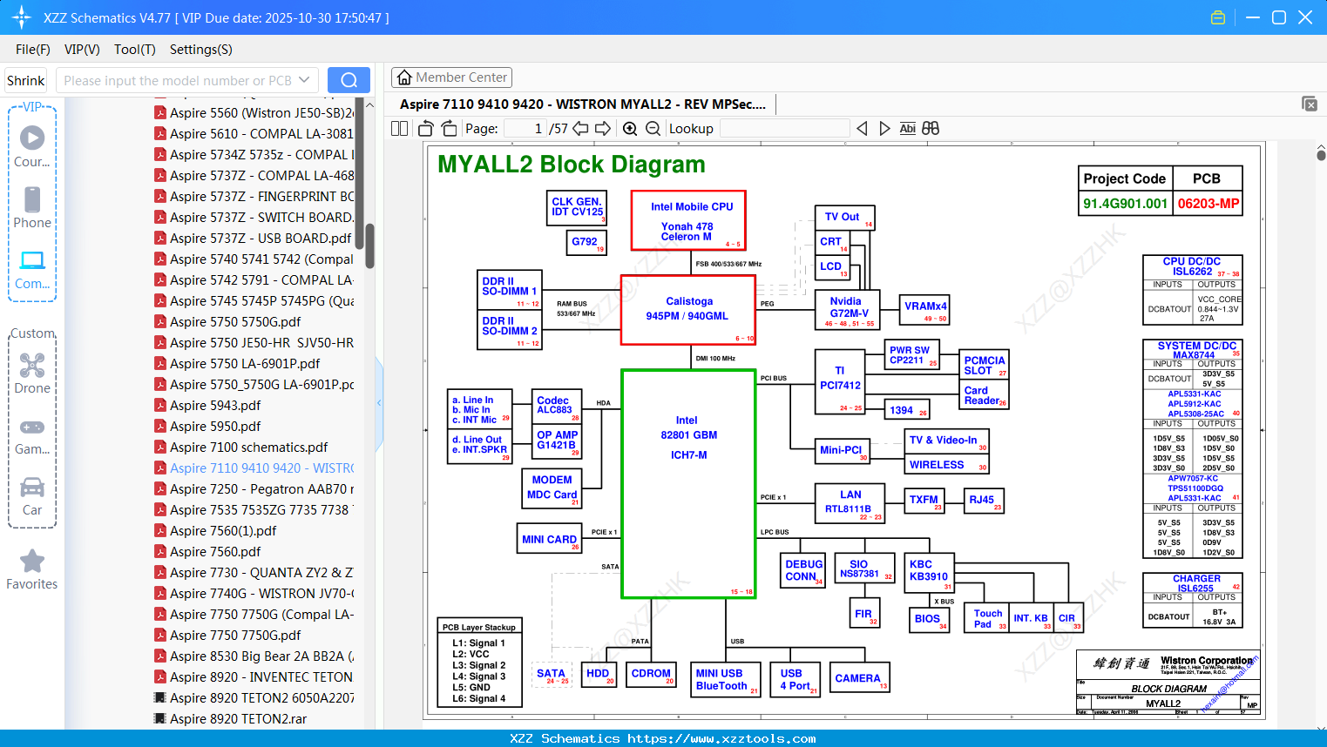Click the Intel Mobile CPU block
tap(688, 220)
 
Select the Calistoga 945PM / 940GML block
tap(687, 309)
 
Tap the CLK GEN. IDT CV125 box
tap(577, 207)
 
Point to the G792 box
tap(585, 242)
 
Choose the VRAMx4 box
tap(925, 308)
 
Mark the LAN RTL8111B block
tap(850, 503)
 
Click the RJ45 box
tap(984, 501)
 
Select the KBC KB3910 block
tap(929, 570)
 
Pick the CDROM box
tap(652, 675)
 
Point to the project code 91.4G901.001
tap(1125, 204)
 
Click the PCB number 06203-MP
tap(1208, 204)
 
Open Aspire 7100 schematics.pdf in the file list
tap(248, 447)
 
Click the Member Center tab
tap(451, 77)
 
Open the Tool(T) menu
tap(134, 50)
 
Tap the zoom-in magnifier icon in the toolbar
tap(630, 129)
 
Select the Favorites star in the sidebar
tap(32, 562)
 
